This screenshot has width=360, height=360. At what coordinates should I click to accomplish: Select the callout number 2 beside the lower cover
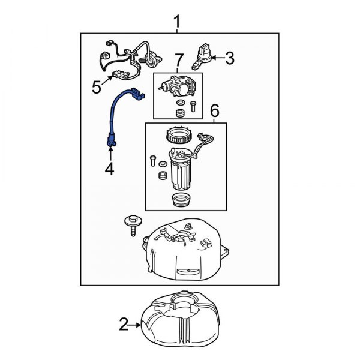123,326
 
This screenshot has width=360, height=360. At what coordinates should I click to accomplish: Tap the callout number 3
230,58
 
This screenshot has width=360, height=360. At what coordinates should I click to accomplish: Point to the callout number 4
109,170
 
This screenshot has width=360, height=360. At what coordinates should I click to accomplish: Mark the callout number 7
178,60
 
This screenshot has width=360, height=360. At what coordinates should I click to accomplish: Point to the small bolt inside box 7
192,106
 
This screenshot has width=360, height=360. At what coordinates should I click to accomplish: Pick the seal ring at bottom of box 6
181,200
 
